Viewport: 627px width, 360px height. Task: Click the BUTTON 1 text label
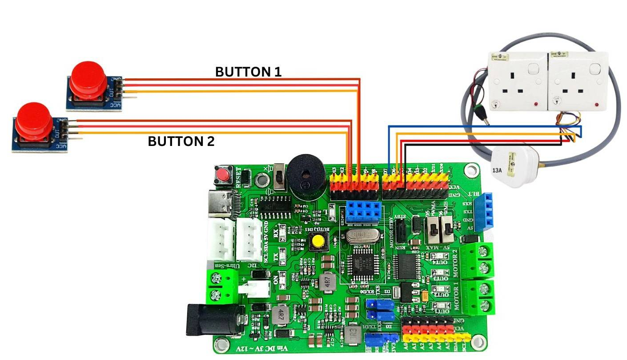248,72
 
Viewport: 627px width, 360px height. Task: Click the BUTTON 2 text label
181,142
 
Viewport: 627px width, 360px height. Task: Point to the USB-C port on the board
221,205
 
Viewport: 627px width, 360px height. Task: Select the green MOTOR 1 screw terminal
478,297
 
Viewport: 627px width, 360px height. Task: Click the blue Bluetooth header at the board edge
484,212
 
